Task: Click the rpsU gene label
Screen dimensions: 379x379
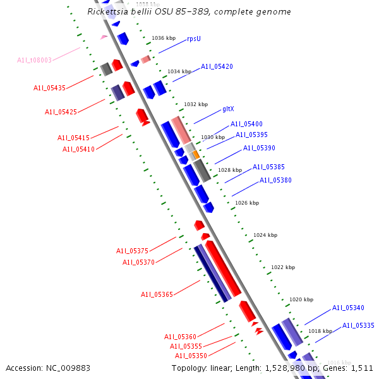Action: [194, 39]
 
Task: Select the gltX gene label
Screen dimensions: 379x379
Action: [229, 109]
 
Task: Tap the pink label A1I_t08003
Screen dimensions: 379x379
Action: [35, 61]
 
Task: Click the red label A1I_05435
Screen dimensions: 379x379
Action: [49, 88]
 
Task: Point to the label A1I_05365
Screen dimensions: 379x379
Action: [157, 294]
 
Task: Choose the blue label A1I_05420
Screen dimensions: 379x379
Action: [217, 66]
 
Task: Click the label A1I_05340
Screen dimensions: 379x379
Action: [348, 308]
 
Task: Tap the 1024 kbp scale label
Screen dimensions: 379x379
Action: [265, 235]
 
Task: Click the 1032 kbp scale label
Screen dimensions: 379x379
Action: [196, 104]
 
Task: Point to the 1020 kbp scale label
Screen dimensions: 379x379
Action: [301, 299]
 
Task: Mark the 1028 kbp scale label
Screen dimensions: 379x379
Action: [230, 170]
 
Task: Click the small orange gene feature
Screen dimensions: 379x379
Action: [196, 154]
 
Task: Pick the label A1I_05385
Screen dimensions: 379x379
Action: [268, 167]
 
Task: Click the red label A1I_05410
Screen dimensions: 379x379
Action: [78, 149]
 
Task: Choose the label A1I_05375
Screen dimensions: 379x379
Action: [132, 251]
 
